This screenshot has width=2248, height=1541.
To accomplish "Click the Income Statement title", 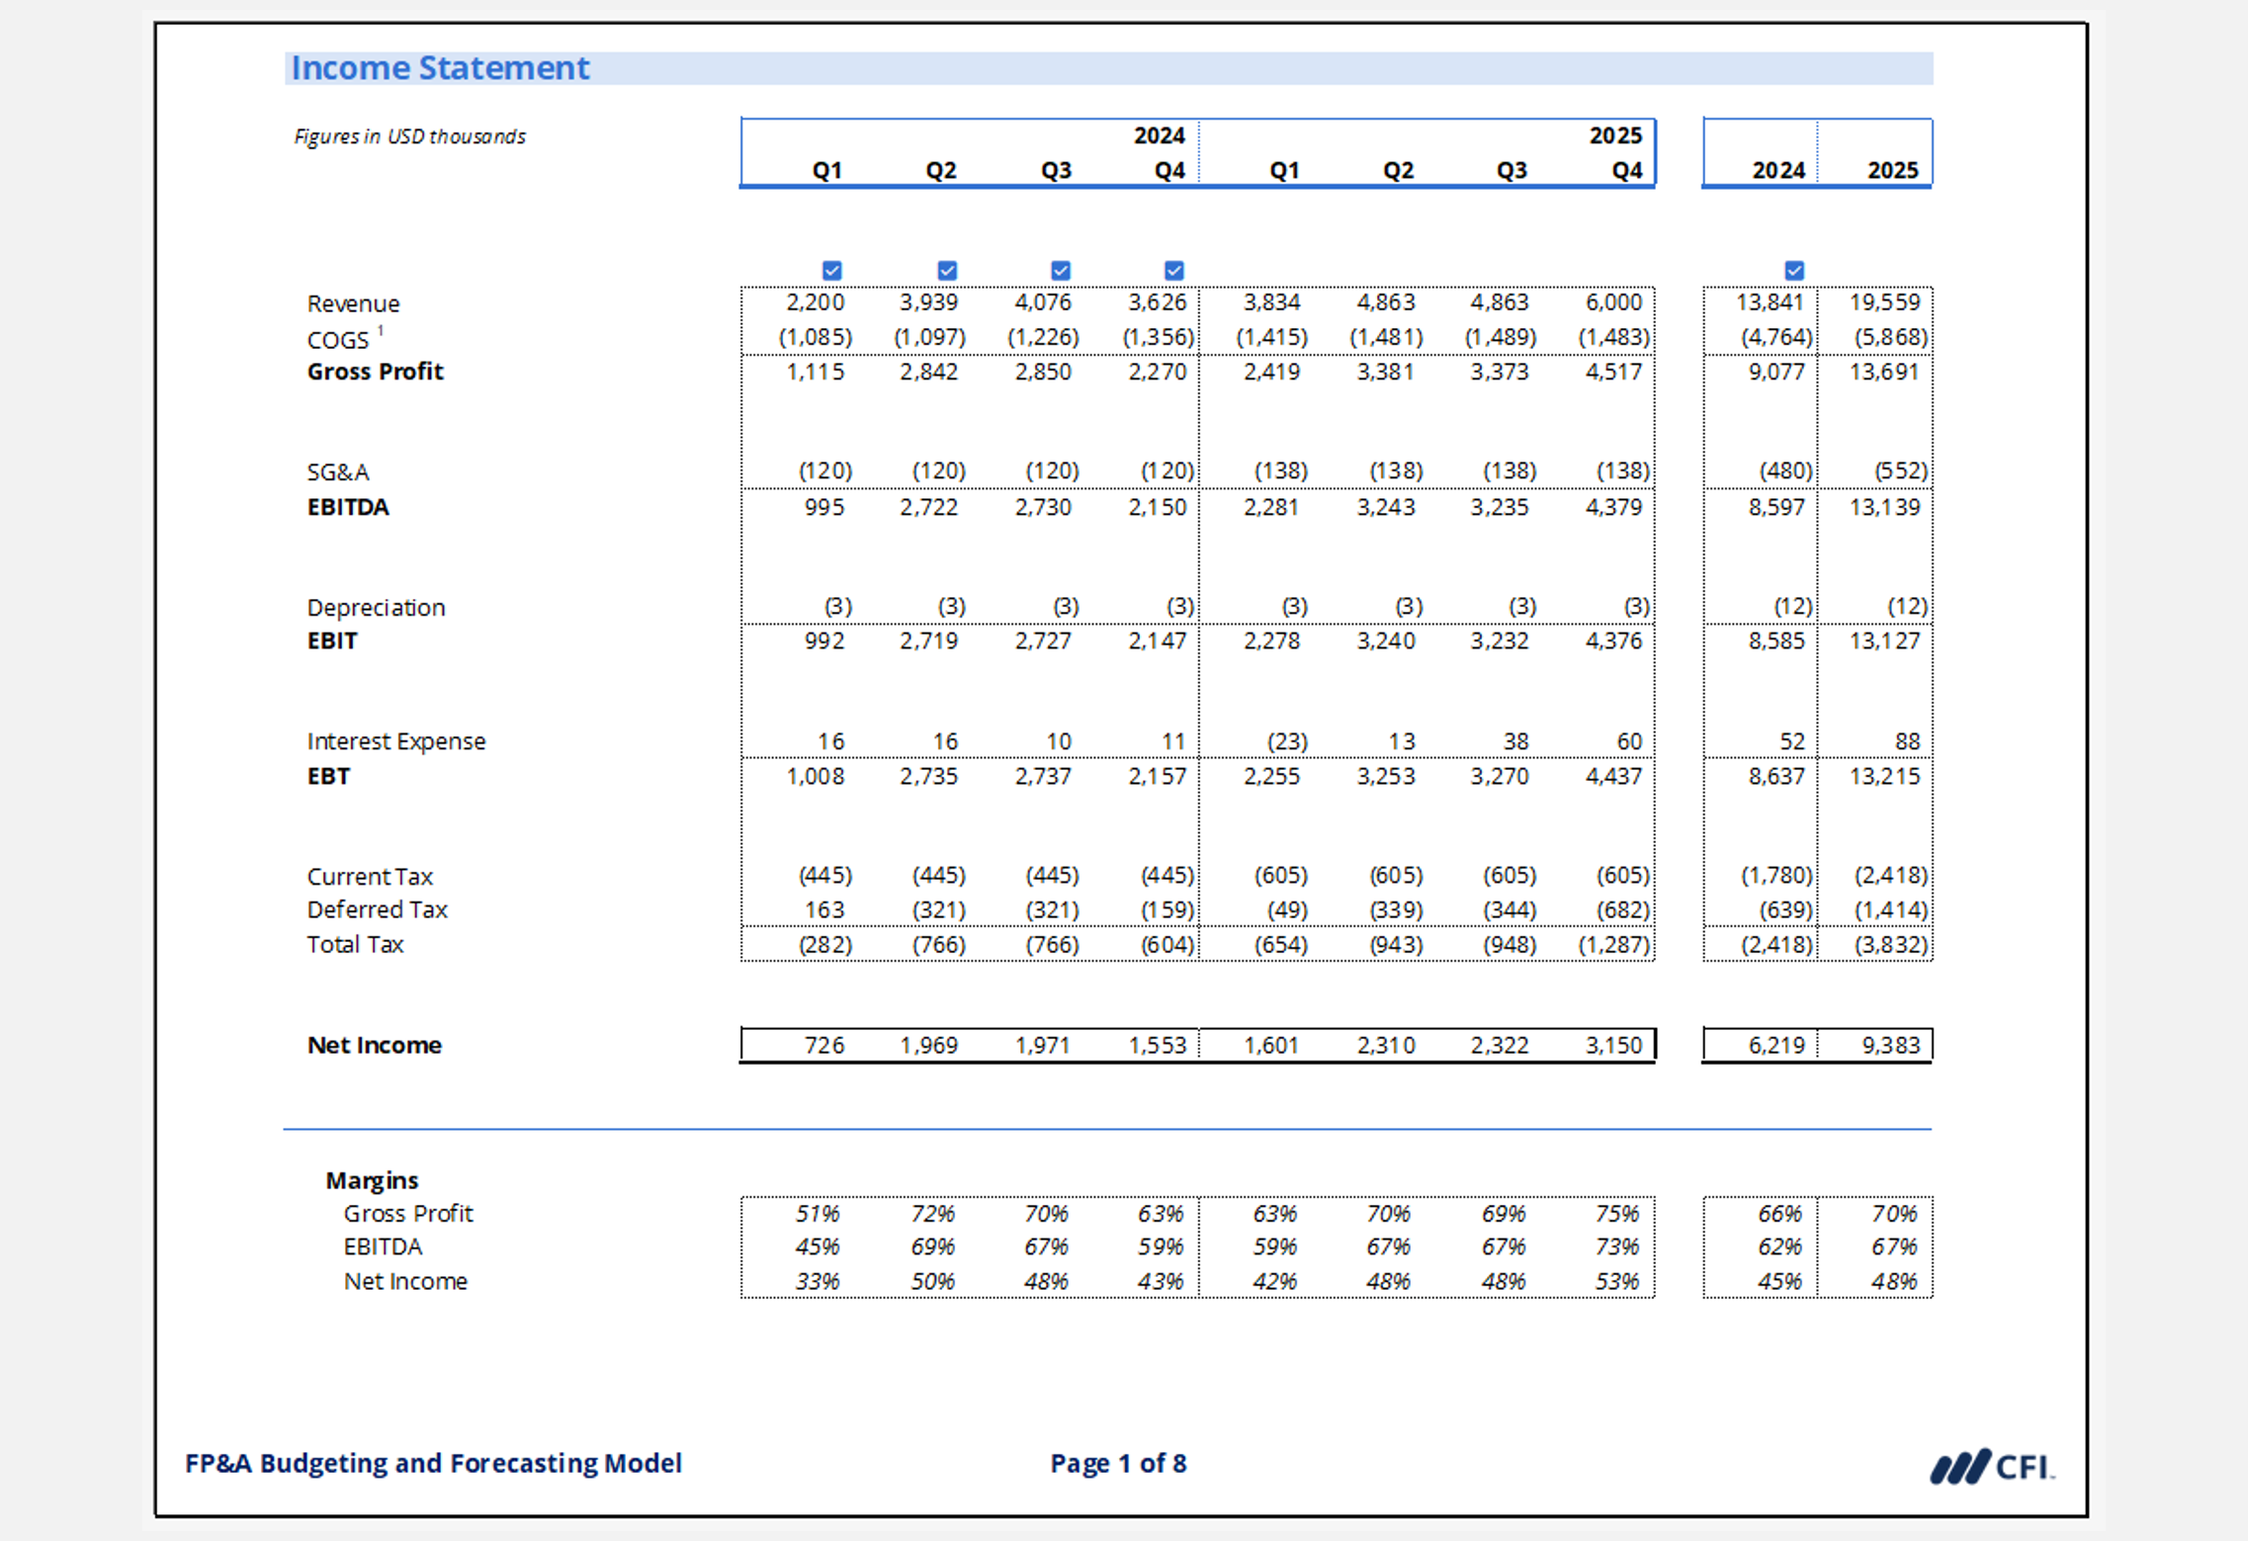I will pyautogui.click(x=440, y=68).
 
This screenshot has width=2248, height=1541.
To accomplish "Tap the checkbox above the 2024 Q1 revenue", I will pyautogui.click(x=831, y=270).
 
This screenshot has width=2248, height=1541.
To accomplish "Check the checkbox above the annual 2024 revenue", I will pyautogui.click(x=1794, y=270).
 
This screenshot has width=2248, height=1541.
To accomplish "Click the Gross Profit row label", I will pyautogui.click(x=375, y=372).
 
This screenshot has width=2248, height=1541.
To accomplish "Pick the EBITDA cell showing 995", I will pyautogui.click(x=823, y=507).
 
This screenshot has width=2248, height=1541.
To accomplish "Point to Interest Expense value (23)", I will pyautogui.click(x=1286, y=741).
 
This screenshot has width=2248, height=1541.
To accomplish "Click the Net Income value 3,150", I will pyautogui.click(x=1613, y=1045).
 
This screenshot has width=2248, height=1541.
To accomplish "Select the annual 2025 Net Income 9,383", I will pyautogui.click(x=1889, y=1045).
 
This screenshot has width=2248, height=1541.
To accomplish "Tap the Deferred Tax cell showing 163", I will pyautogui.click(x=823, y=909).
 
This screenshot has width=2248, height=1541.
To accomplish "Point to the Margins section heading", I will pyautogui.click(x=372, y=1180).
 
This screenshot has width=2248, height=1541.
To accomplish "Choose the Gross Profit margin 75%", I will pyautogui.click(x=1616, y=1214).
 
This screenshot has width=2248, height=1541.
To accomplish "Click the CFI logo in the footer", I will pyautogui.click(x=1992, y=1466).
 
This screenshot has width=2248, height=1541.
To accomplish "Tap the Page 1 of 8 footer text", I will pyautogui.click(x=1118, y=1464).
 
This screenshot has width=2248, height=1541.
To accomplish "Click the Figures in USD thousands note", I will pyautogui.click(x=409, y=136).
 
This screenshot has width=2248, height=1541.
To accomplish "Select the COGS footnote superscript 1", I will pyautogui.click(x=381, y=331).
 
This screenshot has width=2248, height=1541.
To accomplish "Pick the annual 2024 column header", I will pyautogui.click(x=1777, y=170).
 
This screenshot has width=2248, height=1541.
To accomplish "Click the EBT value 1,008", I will pyautogui.click(x=815, y=777).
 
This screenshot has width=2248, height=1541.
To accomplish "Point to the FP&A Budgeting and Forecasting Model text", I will pyautogui.click(x=433, y=1464).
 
